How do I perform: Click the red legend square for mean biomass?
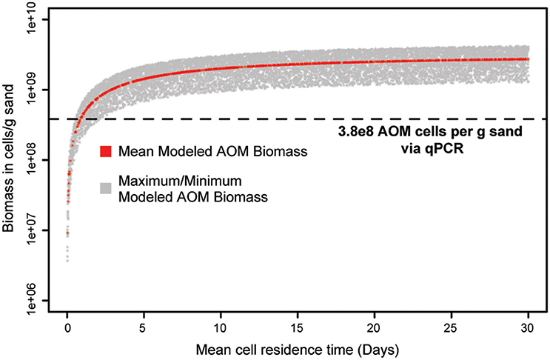click(x=106, y=152)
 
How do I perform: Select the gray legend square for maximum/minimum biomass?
click(x=106, y=188)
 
